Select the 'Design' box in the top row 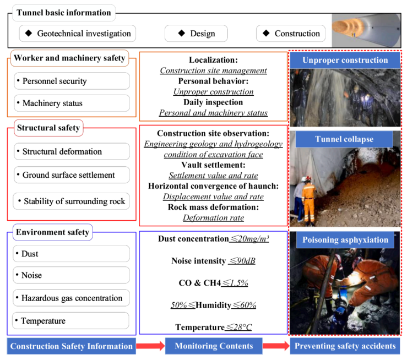click(196, 34)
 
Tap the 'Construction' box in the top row click(290, 34)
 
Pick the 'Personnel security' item click(72, 81)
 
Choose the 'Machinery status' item click(72, 103)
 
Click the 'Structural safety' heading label click(48, 128)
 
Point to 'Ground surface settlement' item click(72, 175)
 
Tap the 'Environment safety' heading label click(52, 232)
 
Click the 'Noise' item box click(72, 275)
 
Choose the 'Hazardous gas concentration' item click(72, 298)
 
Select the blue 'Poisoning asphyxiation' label click(345, 239)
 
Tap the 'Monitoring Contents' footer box click(214, 346)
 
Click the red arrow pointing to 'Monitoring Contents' click(150, 346)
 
